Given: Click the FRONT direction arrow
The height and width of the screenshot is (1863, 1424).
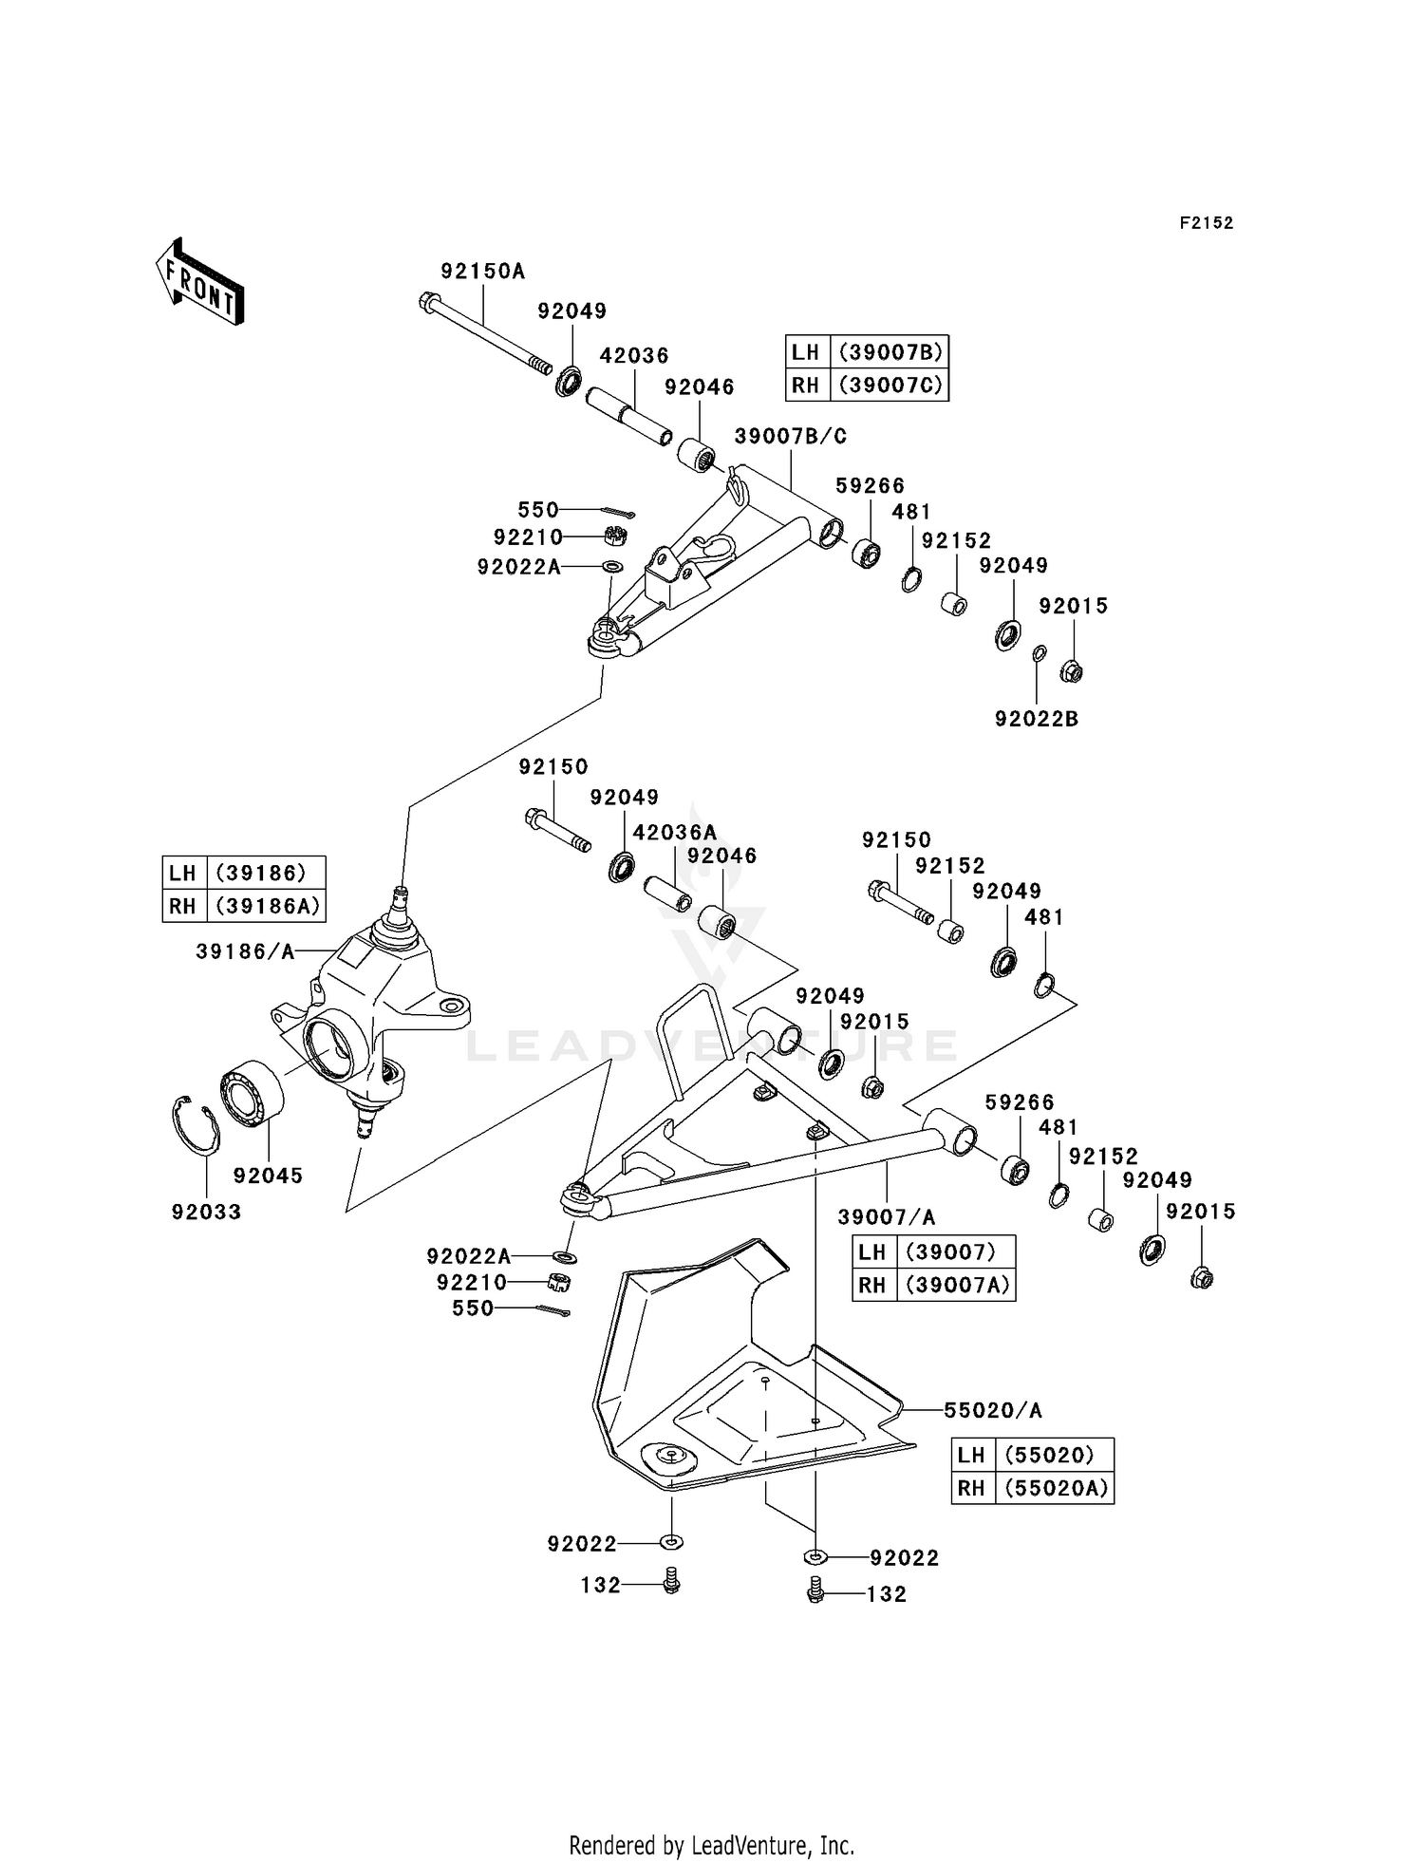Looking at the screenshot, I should point(200,282).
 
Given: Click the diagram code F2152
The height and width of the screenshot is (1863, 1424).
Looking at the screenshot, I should point(1206,223).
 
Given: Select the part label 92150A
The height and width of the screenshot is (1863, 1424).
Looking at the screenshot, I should point(482,272).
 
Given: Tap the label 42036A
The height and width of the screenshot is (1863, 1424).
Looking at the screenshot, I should point(674,832).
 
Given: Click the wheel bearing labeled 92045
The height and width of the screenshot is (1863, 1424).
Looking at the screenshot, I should point(253,1094).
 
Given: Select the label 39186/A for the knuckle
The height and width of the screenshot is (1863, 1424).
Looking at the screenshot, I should point(245,951).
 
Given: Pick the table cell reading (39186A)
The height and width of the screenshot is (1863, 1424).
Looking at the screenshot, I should point(267,905).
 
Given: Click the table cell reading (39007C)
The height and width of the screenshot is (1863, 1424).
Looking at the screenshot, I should point(890,385).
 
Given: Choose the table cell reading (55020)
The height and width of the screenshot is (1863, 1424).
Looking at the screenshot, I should point(1053,1455).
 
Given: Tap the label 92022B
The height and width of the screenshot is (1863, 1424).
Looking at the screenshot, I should point(1036,719).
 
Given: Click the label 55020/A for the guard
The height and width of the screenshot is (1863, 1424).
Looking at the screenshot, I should point(992,1410).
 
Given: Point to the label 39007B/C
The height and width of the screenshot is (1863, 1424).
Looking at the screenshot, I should point(790,436).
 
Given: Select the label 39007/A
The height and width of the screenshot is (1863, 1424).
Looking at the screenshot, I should point(886,1217).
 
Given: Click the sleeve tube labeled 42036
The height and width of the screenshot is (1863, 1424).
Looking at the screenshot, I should point(628,415).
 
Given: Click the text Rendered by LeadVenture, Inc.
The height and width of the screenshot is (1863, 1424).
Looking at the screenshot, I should point(711,1845).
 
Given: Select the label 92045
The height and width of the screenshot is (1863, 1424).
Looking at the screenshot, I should point(268,1176).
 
